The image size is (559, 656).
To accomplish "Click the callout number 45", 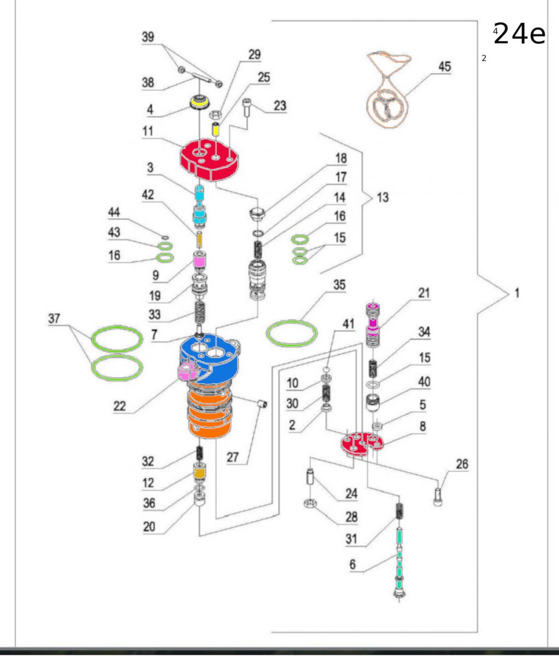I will pos(445,67).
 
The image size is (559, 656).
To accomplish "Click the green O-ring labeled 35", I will pos(292,333).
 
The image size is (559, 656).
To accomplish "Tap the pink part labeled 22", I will pos(187,372).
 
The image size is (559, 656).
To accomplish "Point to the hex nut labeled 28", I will pos(309,503).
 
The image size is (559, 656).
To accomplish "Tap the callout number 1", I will pos(516,293).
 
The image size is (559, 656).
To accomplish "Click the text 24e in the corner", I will pos(519,34).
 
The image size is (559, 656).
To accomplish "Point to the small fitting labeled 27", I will pos(262,403).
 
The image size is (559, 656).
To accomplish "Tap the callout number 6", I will pos(352,564).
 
